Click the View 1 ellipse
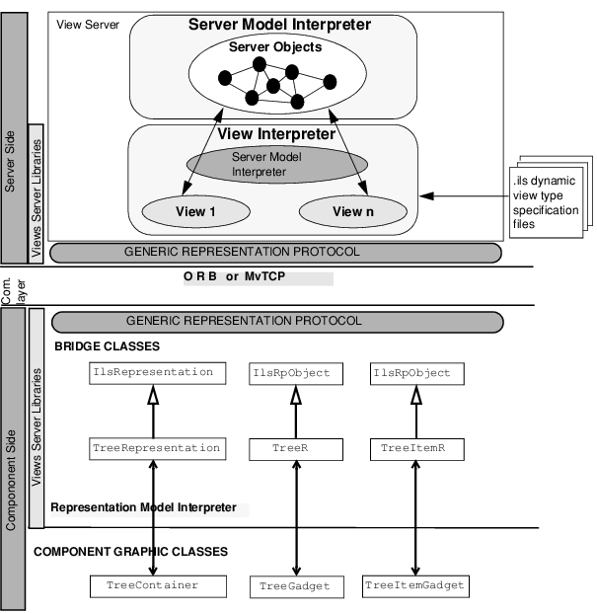[x=191, y=211]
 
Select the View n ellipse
[x=352, y=211]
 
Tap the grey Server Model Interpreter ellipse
[x=259, y=164]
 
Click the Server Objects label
[x=269, y=46]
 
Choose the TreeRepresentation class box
[x=156, y=448]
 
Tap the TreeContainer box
[x=152, y=585]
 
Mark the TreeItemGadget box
[x=414, y=586]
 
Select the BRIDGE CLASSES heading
[x=107, y=346]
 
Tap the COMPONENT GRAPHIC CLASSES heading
[x=131, y=551]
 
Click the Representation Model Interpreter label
[x=143, y=507]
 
